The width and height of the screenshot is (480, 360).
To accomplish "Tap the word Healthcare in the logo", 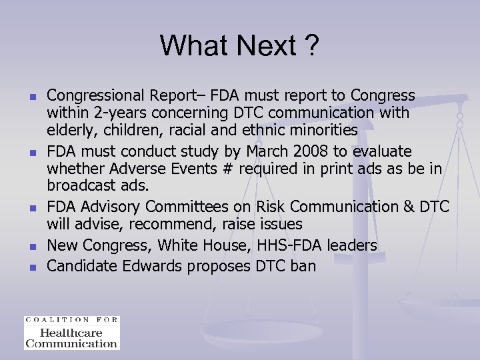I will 71,333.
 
